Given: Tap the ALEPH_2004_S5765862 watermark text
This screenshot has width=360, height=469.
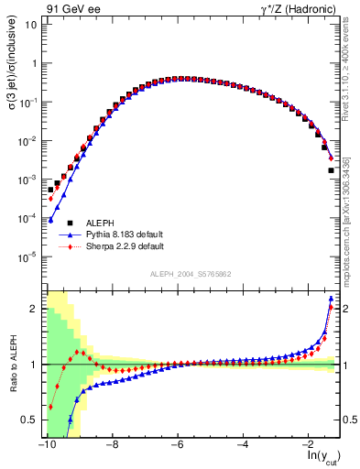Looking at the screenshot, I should point(191,275).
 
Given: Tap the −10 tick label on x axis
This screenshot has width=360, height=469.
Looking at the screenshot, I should point(45,444).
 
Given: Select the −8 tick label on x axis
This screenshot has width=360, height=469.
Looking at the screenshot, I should point(111,444).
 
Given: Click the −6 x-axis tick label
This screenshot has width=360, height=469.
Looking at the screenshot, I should point(177,444).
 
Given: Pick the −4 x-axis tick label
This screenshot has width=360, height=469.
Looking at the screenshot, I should point(243,444).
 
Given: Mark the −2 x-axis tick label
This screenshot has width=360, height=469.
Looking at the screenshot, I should point(309,444).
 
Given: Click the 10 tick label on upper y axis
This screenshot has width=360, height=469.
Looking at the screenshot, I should point(30,24).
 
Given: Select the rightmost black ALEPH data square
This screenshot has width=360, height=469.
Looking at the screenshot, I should point(331,170).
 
